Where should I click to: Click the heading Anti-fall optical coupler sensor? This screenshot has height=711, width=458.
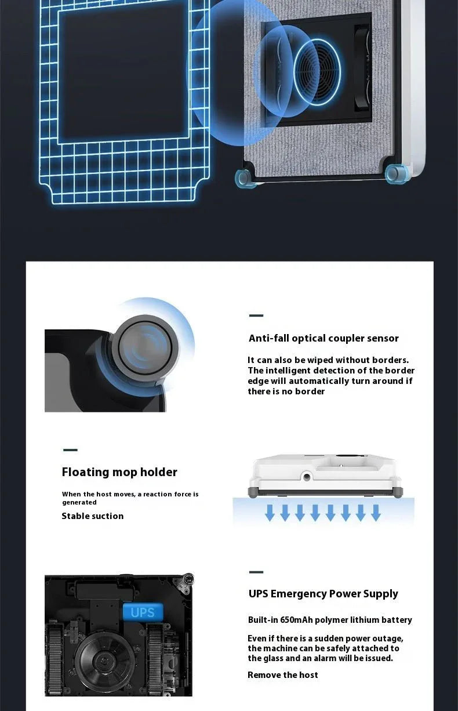coord(323,338)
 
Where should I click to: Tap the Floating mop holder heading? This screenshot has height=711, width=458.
coord(119,472)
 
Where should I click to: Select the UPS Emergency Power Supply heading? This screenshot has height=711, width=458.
coord(323,594)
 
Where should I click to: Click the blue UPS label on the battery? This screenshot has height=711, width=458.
coord(143,612)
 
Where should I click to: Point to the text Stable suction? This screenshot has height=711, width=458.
coord(93,516)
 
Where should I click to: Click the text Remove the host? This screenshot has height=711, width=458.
coord(282,675)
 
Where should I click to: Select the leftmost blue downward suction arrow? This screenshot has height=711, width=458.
coord(270,513)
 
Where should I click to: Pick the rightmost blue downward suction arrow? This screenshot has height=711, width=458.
coord(376,513)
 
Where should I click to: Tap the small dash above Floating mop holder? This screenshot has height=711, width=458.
coord(70,450)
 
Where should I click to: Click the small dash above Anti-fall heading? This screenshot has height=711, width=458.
coord(256,316)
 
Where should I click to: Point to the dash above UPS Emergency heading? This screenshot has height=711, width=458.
coord(256,572)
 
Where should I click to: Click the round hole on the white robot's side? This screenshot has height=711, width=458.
coord(305,476)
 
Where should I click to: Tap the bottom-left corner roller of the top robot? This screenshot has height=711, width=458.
coord(244,179)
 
